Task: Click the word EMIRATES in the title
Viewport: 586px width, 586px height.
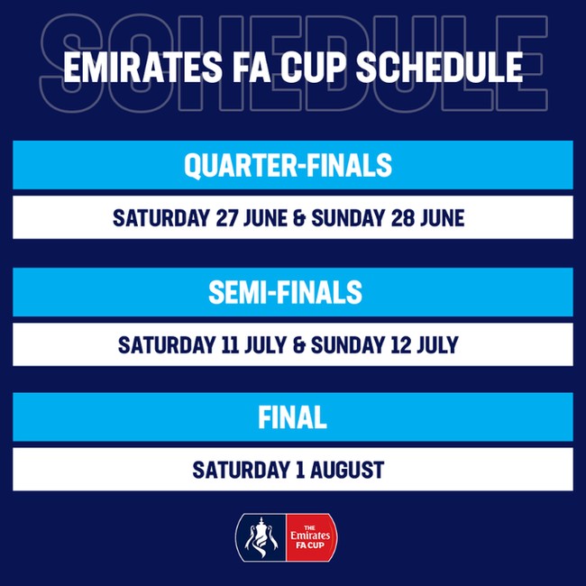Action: point(143,68)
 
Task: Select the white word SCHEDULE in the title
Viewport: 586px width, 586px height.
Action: point(440,68)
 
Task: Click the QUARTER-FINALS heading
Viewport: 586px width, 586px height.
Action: point(288,165)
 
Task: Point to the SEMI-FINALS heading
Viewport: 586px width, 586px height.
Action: point(286,292)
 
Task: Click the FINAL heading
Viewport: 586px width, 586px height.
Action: point(292,417)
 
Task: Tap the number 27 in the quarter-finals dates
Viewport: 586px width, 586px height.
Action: point(227,218)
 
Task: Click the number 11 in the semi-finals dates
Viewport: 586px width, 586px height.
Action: point(230,344)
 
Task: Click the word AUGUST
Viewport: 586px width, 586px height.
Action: point(347,470)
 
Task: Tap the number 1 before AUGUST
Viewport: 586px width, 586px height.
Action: point(299,470)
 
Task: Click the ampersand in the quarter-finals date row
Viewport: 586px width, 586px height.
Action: point(299,218)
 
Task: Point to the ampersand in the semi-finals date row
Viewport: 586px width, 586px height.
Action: point(299,345)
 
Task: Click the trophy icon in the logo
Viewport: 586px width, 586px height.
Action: point(261,537)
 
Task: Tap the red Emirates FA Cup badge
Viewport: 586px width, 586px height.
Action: point(311,537)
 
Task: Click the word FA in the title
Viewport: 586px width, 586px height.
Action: point(252,68)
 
